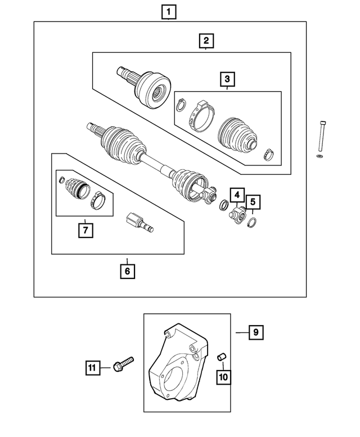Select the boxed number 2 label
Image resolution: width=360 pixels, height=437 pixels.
[206, 40]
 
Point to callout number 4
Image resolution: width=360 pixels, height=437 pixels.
[237, 196]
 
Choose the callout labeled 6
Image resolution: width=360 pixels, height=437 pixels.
[127, 271]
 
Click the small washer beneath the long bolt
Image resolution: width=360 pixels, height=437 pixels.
[320, 155]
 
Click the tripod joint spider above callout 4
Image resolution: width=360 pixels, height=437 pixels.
[236, 215]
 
